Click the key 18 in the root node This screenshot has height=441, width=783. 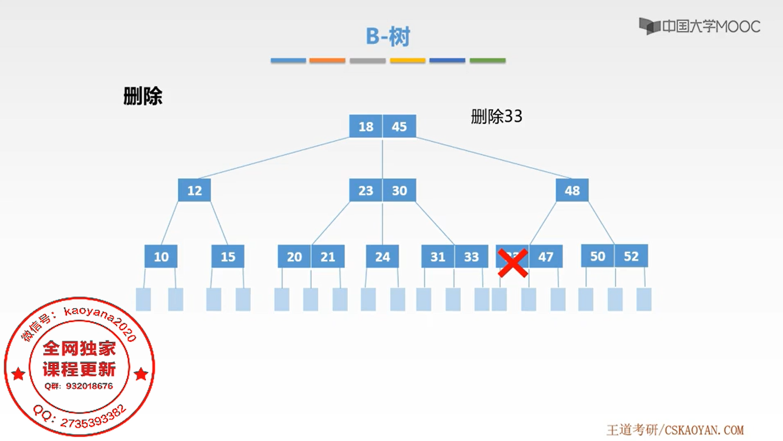366,126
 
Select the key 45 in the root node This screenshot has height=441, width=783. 399,126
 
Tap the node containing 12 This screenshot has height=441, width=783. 194,190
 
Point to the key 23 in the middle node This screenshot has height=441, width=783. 366,190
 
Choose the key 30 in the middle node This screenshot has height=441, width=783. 399,190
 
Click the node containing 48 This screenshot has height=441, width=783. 572,190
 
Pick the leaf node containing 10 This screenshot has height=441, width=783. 161,256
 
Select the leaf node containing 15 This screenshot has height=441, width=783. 228,256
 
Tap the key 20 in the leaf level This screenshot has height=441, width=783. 294,256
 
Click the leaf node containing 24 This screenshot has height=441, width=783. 382,256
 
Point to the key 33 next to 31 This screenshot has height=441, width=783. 471,256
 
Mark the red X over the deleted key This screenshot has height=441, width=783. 512,263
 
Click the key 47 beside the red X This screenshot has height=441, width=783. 546,256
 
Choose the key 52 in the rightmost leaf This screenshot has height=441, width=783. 631,256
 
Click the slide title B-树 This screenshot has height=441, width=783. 388,36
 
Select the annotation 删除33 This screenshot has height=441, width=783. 497,116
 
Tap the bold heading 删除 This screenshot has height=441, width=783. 142,96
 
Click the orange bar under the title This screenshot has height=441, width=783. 327,61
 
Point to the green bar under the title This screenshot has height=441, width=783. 488,61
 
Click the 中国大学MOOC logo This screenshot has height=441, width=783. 699,26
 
